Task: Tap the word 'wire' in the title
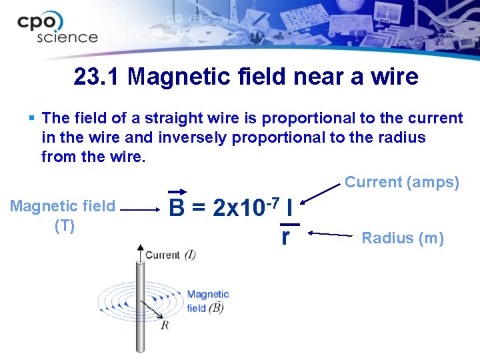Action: click(395, 77)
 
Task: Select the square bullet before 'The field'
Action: click(32, 119)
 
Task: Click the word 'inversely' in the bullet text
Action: click(190, 137)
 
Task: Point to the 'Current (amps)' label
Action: click(401, 182)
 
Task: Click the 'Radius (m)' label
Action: click(402, 238)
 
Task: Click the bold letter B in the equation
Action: click(177, 209)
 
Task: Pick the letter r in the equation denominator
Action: click(285, 236)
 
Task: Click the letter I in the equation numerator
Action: click(289, 209)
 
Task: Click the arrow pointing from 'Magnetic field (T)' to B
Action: click(141, 209)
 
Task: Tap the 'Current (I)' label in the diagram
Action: click(170, 255)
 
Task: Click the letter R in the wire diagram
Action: click(165, 325)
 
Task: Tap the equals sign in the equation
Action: click(199, 209)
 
